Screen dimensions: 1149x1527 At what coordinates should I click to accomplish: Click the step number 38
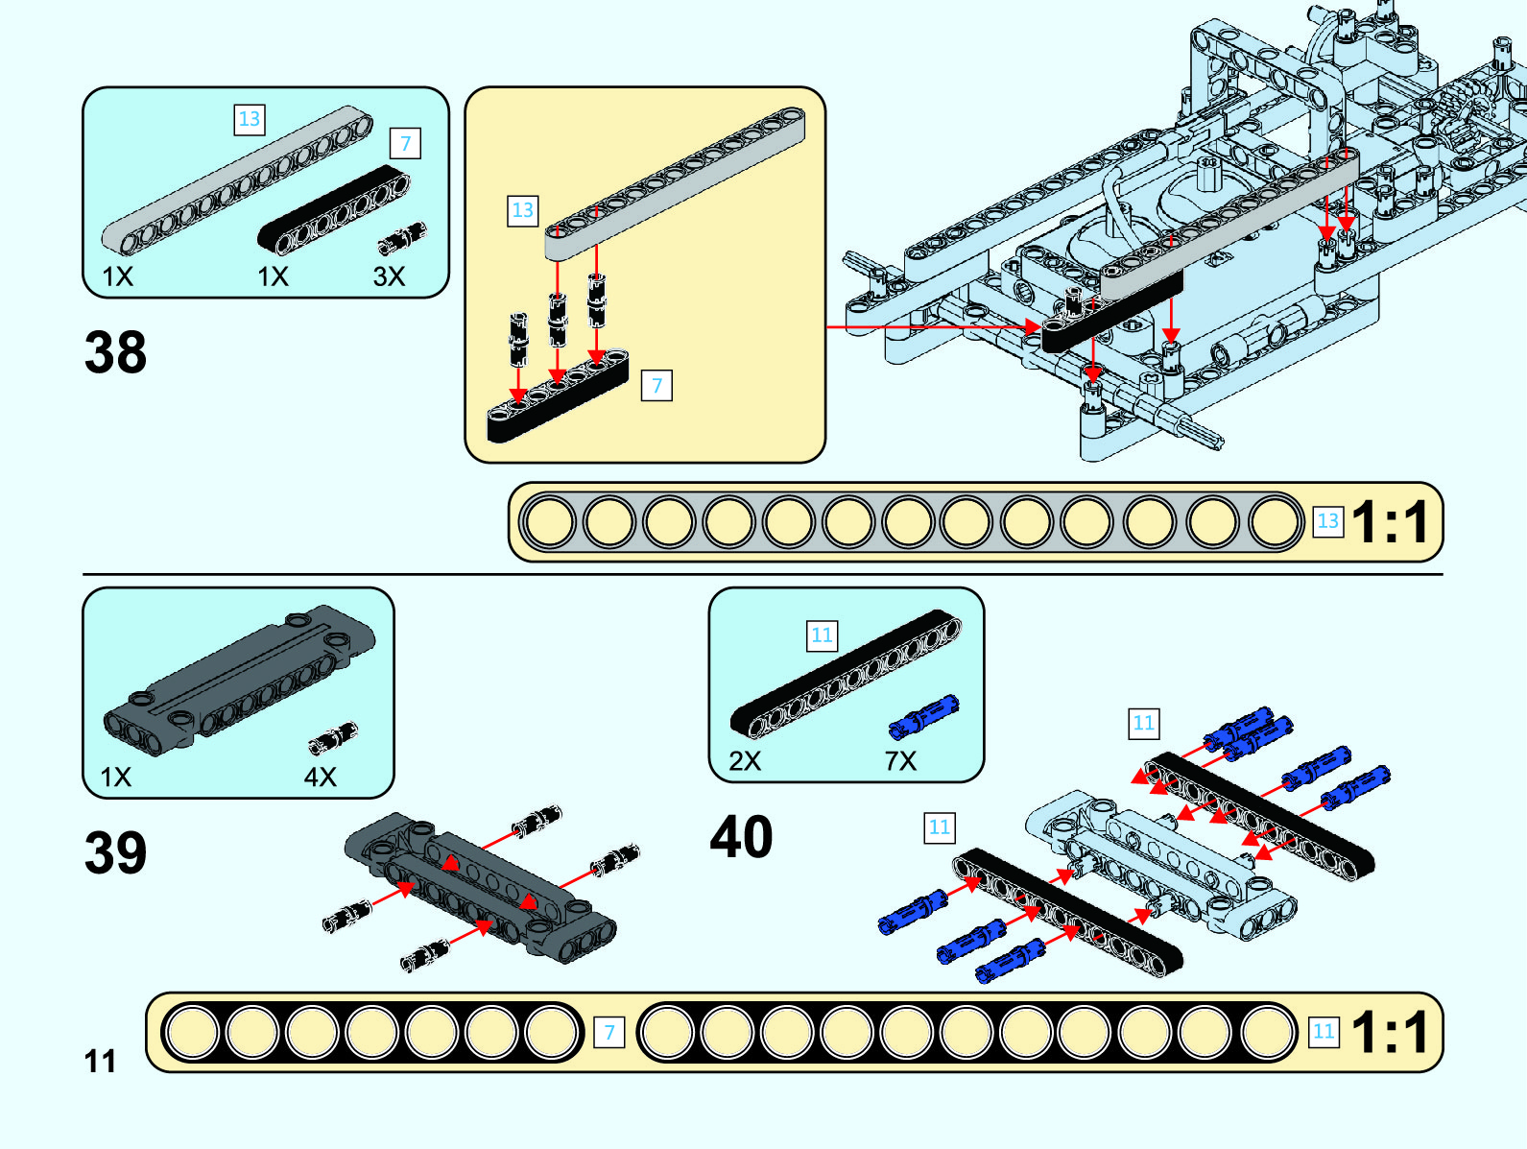[x=115, y=351]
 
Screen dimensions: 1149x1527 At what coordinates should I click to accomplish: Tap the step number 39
[x=115, y=851]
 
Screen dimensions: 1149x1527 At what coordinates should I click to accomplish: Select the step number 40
[x=741, y=836]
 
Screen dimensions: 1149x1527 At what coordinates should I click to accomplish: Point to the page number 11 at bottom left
[x=100, y=1061]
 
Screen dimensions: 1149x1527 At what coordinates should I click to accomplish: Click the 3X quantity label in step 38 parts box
[x=389, y=276]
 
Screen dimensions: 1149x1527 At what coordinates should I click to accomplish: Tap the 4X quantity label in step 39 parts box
[x=321, y=777]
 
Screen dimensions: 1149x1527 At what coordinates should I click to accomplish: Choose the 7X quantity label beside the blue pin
[x=900, y=761]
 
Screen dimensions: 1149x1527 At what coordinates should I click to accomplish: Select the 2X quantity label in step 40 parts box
[x=745, y=761]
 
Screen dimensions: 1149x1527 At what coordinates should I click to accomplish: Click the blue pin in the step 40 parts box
[x=923, y=717]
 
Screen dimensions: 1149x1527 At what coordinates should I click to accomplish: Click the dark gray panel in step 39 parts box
[x=239, y=678]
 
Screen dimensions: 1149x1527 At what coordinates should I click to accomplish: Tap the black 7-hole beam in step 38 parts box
[x=333, y=209]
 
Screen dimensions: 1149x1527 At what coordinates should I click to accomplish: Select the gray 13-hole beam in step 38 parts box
[x=237, y=180]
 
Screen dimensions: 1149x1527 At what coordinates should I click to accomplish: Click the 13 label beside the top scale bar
[x=1327, y=521]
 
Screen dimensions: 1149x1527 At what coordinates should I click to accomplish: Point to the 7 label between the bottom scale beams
[x=608, y=1033]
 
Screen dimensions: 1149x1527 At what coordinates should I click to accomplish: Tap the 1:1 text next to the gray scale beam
[x=1390, y=522]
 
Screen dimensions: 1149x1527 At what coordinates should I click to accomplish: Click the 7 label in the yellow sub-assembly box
[x=656, y=386]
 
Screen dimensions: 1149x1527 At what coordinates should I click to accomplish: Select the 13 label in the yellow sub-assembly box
[x=522, y=210]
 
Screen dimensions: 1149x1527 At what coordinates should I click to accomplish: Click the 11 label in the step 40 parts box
[x=822, y=635]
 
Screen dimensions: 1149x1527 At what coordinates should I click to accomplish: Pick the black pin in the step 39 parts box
[x=333, y=737]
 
